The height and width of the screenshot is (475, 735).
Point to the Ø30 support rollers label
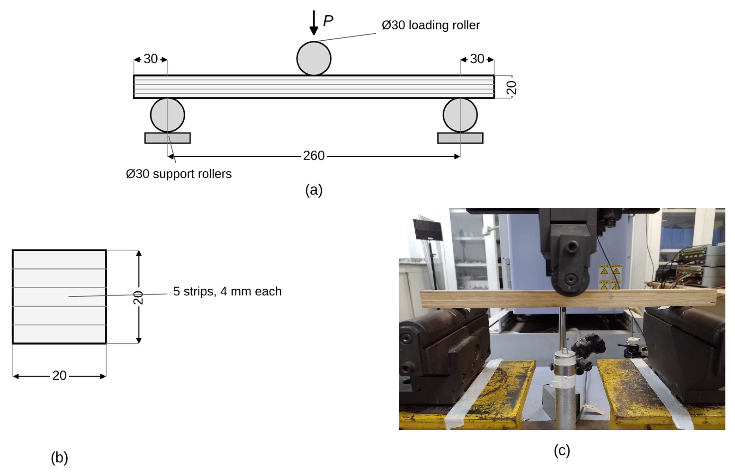(179, 174)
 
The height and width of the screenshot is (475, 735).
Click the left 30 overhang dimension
(151, 59)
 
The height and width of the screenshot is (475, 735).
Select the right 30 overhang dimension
(477, 59)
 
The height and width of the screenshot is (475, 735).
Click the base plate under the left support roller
(168, 138)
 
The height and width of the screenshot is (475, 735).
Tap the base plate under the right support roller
(460, 138)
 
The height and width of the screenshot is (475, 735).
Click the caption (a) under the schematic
(314, 190)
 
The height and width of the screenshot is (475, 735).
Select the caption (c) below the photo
(562, 451)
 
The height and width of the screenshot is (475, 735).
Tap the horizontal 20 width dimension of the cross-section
(59, 376)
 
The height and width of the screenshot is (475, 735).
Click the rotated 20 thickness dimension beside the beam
(511, 88)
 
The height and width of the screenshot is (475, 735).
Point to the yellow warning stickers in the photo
(610, 276)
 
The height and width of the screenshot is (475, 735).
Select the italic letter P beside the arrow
(328, 21)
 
